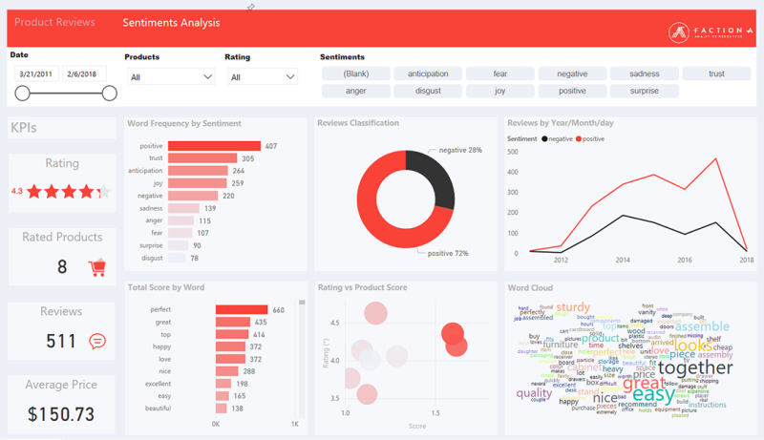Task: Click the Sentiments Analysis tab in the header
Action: [x=171, y=22]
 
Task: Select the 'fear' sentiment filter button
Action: [x=499, y=73]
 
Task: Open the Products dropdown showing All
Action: [x=172, y=77]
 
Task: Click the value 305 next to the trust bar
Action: [x=247, y=158]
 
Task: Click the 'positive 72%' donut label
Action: [x=448, y=253]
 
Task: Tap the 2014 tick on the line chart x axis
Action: [x=623, y=260]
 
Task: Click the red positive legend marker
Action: [x=579, y=139]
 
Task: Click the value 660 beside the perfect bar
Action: [x=279, y=310]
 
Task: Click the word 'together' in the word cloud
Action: [x=695, y=367]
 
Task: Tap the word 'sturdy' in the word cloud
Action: [x=574, y=307]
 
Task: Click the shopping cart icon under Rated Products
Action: [x=96, y=267]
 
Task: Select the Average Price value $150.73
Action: [x=61, y=414]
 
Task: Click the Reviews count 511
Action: [x=62, y=341]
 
